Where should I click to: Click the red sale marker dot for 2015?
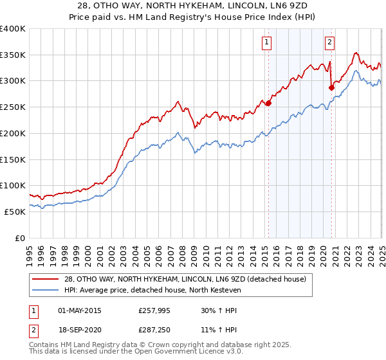pyautogui.click(x=268, y=102)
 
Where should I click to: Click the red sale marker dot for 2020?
pyautogui.click(x=331, y=87)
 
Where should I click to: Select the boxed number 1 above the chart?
pyautogui.click(x=266, y=43)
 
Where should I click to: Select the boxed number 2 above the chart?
pyautogui.click(x=329, y=43)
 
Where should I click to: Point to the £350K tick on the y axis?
pyautogui.click(x=13, y=55)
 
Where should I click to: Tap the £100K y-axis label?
pyautogui.click(x=13, y=186)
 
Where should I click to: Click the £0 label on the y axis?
pyautogui.click(x=20, y=238)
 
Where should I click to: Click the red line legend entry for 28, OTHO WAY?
pyautogui.click(x=179, y=279)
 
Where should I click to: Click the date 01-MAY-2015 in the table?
pyautogui.click(x=80, y=310)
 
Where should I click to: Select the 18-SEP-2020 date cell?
pyautogui.click(x=80, y=328)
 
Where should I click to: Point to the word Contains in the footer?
pyautogui.click(x=44, y=346)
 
